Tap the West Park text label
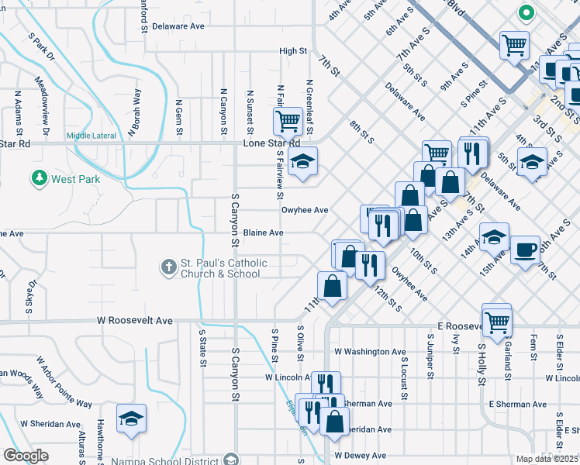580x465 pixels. [76, 179]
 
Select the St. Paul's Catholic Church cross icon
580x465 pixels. [169, 268]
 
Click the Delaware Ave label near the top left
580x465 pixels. [178, 26]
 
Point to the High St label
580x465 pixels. [293, 51]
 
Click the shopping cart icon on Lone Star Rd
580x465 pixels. [288, 120]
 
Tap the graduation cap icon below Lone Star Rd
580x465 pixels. [302, 161]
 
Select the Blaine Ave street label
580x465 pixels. [264, 232]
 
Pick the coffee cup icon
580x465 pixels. [525, 250]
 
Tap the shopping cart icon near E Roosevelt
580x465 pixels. [496, 319]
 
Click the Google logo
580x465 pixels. [26, 455]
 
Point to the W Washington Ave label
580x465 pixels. [370, 352]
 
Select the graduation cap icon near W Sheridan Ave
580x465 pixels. [132, 419]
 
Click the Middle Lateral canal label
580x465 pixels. [91, 136]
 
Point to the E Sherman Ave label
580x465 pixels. [518, 405]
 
